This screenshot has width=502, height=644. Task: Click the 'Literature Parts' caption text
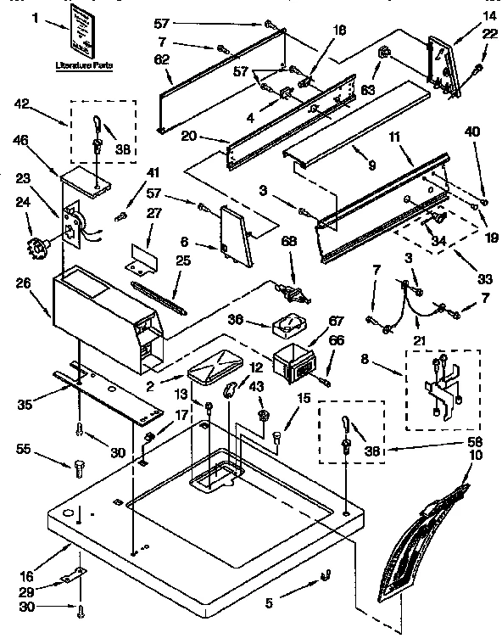(83, 65)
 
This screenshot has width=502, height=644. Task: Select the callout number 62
(162, 59)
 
